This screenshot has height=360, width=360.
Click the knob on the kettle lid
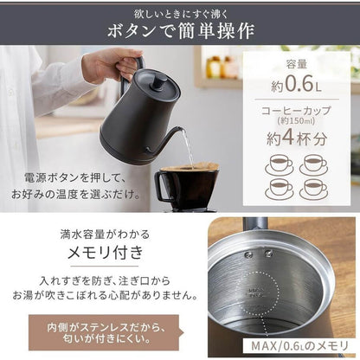[x=162, y=77]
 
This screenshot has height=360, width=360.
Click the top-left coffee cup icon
[x=279, y=164]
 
